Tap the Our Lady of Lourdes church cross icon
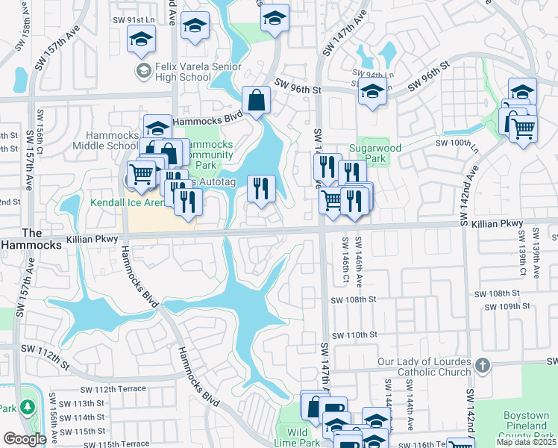coord(483,365)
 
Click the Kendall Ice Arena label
coord(128,202)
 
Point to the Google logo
coord(25,439)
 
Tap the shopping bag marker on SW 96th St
coord(256,100)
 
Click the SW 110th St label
coord(354,336)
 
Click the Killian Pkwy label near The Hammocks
coord(93,238)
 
